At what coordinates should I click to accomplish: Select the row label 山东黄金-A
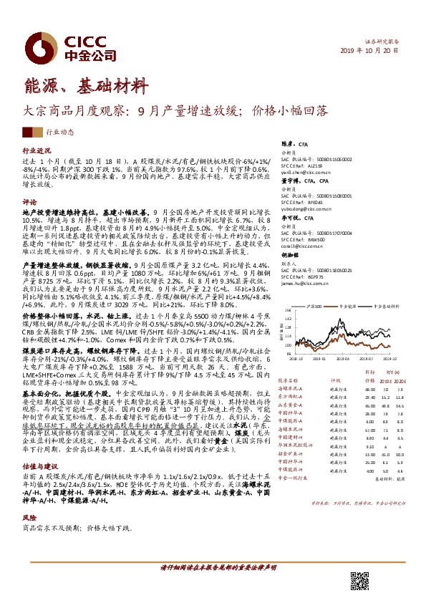291,404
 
